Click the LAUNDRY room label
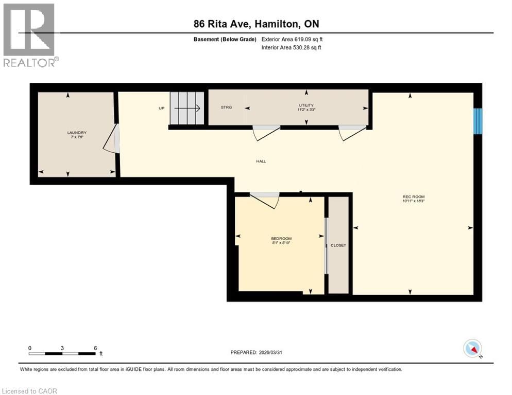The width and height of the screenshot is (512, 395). (75, 133)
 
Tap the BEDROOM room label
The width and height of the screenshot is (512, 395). (281, 238)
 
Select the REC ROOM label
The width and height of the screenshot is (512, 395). (414, 196)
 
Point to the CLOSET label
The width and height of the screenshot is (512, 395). (338, 245)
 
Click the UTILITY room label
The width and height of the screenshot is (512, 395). (306, 105)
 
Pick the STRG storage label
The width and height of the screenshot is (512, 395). (226, 107)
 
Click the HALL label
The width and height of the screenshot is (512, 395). (261, 161)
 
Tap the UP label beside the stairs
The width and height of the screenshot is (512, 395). (161, 109)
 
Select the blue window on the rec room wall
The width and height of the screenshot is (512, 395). (478, 121)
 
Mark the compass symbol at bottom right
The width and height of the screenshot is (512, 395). (472, 349)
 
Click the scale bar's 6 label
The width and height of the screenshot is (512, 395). (95, 348)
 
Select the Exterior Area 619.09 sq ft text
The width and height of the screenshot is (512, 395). (293, 39)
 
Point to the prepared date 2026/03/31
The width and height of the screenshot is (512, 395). (256, 352)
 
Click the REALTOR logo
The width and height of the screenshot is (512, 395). (30, 35)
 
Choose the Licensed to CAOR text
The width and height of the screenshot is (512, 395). (30, 391)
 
